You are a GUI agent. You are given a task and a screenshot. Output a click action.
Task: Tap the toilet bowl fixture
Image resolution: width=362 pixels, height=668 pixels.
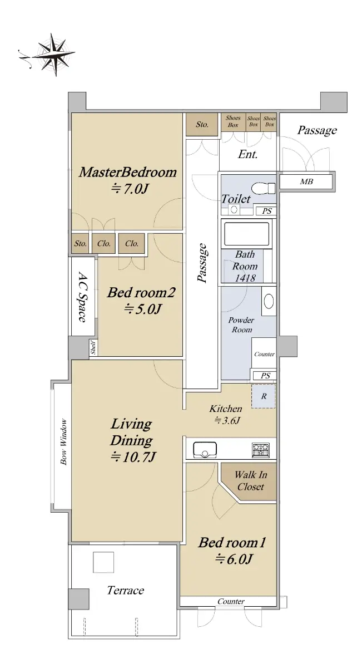coord(264,188)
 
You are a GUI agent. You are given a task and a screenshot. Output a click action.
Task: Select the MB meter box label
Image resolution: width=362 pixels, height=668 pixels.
coord(306,181)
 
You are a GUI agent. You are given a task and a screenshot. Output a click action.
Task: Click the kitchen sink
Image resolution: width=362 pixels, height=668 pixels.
coord(205,449)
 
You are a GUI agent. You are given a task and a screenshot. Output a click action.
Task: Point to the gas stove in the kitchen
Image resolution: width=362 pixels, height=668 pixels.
coord(260,450)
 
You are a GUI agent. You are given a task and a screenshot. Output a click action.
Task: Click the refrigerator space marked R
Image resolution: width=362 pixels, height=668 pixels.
coord(264,396)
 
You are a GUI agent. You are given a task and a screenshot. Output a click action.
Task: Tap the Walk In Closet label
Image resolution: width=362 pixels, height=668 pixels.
coord(251,480)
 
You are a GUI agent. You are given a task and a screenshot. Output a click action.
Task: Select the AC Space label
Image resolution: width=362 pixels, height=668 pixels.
coord(82,296)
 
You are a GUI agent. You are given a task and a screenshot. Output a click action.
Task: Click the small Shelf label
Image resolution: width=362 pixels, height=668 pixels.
coord(93,348)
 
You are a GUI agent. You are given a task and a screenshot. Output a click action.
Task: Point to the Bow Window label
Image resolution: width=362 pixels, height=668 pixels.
coord(63,442)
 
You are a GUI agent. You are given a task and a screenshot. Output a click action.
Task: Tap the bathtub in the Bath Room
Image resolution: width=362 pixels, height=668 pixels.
coord(246,234)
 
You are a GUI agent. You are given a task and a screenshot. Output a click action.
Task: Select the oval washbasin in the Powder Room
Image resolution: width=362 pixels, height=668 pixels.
coord(269,301)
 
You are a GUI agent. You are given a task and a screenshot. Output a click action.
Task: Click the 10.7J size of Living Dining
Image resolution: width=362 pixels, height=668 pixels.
coord(133,456)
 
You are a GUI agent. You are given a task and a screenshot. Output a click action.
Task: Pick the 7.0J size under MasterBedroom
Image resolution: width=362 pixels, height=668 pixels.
coord(130,189)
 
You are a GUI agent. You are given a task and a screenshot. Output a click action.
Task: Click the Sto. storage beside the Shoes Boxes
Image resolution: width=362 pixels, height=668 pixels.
coord(202,124)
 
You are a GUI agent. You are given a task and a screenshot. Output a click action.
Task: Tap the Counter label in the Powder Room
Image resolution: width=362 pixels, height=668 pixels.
coord(264,354)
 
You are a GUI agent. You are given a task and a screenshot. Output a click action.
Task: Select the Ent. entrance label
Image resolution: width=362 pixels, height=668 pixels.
coord(247,154)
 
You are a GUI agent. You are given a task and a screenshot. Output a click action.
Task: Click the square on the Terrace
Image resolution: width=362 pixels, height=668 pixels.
coord(103,562)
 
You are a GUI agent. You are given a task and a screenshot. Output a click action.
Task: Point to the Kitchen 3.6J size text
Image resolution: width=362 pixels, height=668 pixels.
coord(227,420)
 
